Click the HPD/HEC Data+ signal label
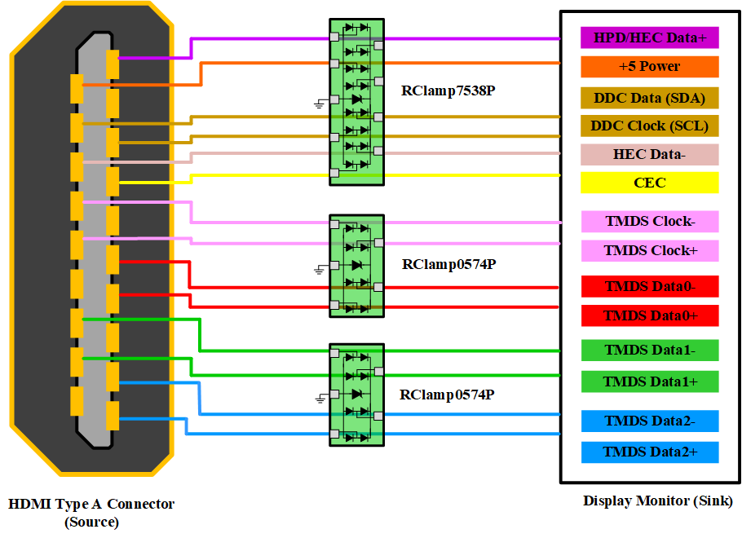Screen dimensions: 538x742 point(649,37)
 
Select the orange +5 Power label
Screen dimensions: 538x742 point(649,67)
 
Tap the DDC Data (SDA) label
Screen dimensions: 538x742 point(649,98)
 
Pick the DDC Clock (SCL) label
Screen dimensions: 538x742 point(649,126)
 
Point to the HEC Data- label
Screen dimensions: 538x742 point(649,155)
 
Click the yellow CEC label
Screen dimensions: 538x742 point(649,183)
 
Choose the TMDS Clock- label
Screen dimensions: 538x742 point(649,222)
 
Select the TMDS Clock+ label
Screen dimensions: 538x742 point(649,251)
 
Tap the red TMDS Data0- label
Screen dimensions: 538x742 point(649,287)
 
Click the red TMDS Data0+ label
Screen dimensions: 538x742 point(649,315)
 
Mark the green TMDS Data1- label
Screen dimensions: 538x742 point(649,351)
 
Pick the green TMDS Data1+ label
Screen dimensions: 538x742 point(649,381)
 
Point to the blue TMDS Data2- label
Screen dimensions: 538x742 point(649,421)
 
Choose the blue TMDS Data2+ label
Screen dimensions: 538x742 point(649,452)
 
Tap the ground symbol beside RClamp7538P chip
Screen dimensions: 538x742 point(320,103)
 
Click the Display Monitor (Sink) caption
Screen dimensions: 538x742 point(657,501)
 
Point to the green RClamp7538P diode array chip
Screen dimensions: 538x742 point(356,102)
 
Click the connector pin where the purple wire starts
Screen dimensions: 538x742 point(113,64)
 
